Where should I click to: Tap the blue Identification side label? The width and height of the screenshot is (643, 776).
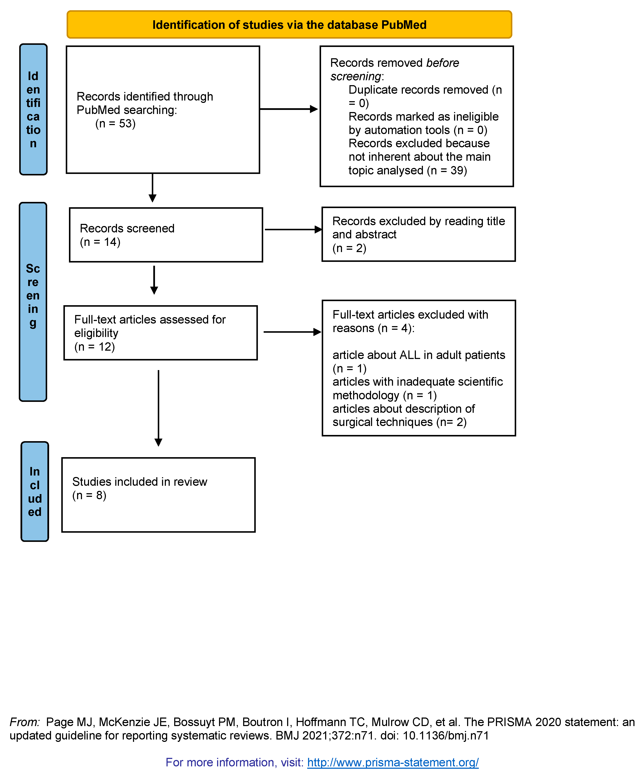coord(33,109)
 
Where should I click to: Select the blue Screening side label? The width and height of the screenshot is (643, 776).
coord(33,302)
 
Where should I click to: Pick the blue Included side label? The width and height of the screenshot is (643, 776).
coord(35,492)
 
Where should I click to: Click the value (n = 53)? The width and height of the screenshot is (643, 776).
coord(115,123)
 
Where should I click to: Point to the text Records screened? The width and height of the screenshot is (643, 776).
coord(127,228)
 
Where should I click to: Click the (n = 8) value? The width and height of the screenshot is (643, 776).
coord(89,495)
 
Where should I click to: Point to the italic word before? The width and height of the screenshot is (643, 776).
coord(442,63)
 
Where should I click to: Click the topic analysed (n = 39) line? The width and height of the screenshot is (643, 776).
coord(407,170)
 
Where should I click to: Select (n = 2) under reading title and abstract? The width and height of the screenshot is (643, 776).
coord(349,248)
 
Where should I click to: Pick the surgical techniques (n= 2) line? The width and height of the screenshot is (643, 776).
coord(399,422)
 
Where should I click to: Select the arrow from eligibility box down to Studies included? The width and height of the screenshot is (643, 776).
coord(159,407)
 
